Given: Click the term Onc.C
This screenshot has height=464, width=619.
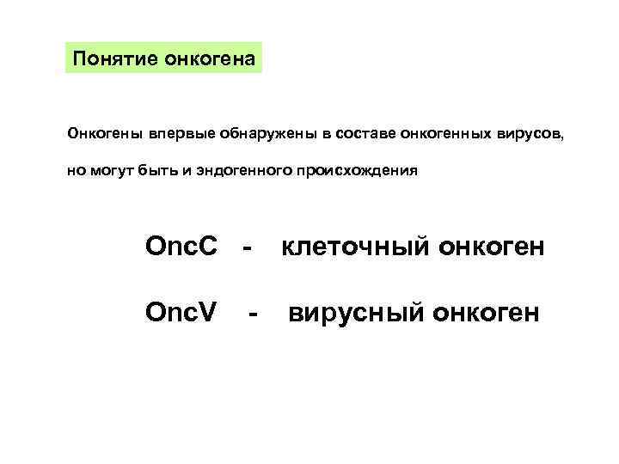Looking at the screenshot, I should click(182, 248).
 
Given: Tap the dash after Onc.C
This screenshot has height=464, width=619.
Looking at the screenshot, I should click(248, 250).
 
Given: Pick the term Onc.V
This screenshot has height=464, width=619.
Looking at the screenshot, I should click(181, 312).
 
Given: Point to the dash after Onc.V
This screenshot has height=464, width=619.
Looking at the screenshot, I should click(252, 314).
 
